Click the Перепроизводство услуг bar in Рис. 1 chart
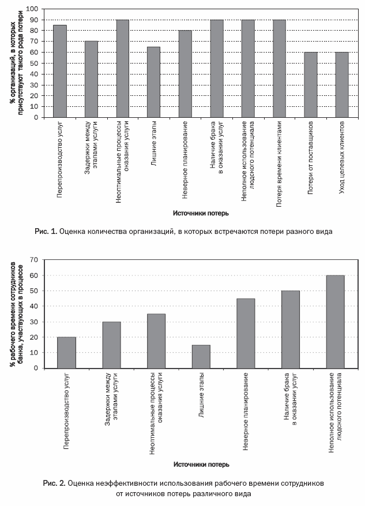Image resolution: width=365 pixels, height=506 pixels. point(60,71)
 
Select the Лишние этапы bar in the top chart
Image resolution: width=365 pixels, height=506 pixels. point(153,82)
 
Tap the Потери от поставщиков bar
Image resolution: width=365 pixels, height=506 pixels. point(311,84)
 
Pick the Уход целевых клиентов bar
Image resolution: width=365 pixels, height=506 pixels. point(342,84)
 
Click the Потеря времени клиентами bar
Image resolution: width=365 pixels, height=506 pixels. point(279,68)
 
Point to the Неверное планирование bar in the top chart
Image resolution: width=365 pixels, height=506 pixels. point(185,74)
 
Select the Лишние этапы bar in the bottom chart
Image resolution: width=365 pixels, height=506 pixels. point(201,356)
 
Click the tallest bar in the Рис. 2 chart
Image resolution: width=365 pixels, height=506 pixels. point(336,322)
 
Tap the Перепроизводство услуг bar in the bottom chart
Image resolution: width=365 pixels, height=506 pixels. point(67,353)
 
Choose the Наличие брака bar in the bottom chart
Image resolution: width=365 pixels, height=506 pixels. point(291,329)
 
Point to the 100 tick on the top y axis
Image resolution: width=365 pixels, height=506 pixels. point(32,9)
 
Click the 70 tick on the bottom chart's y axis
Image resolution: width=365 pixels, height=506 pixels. point(34,260)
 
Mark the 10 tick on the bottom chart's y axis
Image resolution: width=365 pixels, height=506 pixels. point(34,353)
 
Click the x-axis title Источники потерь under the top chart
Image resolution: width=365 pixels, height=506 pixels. point(201,213)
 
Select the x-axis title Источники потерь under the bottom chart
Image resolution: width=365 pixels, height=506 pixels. point(201,464)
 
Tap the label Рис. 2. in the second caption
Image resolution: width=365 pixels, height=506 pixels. point(54,483)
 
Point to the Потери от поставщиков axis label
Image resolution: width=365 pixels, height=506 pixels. point(311,158)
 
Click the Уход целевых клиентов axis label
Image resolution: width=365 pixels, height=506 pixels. point(342,158)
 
